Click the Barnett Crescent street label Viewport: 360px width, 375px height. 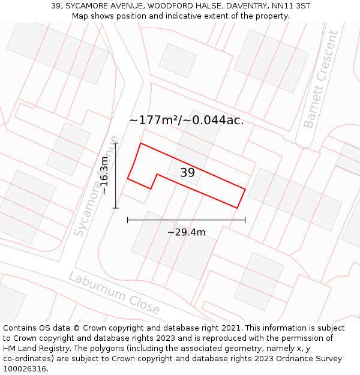(x=321, y=79)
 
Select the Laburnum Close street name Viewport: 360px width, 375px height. (x=114, y=293)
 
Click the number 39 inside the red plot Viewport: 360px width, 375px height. (x=188, y=173)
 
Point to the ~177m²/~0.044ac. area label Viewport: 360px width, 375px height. (x=186, y=120)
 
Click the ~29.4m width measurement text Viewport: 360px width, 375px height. (x=186, y=232)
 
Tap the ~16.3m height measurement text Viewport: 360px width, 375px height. (x=104, y=175)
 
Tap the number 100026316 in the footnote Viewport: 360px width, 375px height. (x=25, y=369)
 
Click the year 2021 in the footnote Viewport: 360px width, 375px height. (x=229, y=328)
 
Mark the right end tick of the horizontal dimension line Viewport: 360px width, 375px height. (x=245, y=220)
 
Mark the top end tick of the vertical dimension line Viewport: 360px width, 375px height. (x=116, y=143)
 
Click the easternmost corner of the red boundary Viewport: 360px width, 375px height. (x=245, y=189)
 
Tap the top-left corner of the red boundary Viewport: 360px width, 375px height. (x=140, y=143)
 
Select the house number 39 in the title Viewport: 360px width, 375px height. (x=56, y=6)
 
